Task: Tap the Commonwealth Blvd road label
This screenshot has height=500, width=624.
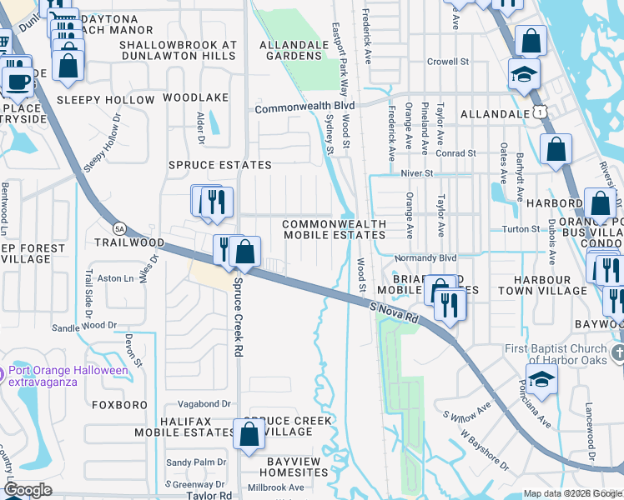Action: point(304,108)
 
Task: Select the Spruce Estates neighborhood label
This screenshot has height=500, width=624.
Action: point(220,165)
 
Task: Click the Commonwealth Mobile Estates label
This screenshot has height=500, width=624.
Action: point(334,229)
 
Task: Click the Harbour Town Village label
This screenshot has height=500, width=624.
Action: point(543,285)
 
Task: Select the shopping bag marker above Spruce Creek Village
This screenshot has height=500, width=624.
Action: point(249,433)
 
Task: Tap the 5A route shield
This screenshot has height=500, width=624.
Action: point(119,227)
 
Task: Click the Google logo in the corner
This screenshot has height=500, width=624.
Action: point(28,490)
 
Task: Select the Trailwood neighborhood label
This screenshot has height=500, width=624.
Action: point(129,242)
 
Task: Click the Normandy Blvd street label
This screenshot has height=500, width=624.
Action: point(425,258)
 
